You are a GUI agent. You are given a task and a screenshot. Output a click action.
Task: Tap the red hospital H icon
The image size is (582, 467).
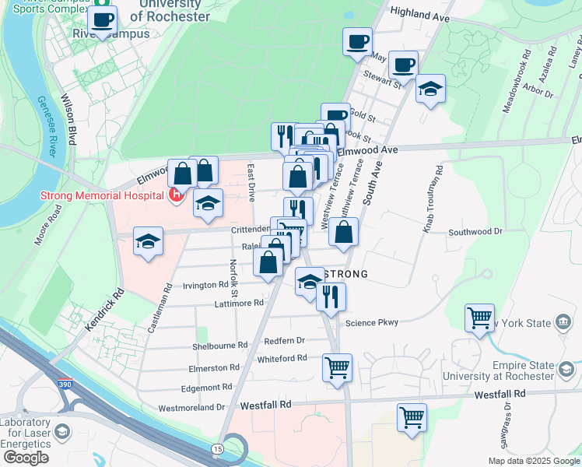tap(177, 195)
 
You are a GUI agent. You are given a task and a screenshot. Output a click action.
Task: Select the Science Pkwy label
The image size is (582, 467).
tap(372, 322)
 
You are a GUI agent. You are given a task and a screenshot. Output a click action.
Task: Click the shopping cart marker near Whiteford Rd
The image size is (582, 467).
tap(337, 366)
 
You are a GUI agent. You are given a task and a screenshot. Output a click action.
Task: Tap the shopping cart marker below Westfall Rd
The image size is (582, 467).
tap(412, 416)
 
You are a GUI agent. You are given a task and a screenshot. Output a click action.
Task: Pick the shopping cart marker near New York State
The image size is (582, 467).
tap(479, 317)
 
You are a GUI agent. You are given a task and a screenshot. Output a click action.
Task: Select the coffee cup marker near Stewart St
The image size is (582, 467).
tap(403, 64)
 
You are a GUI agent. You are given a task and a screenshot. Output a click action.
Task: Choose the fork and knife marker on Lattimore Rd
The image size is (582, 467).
tap(331, 296)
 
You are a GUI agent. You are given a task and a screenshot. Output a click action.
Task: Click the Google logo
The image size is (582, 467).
tap(25, 458)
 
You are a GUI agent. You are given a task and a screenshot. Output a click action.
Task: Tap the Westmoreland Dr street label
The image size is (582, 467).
tap(191, 407)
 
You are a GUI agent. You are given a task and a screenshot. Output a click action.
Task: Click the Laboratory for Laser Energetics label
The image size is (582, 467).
tap(28, 433)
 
